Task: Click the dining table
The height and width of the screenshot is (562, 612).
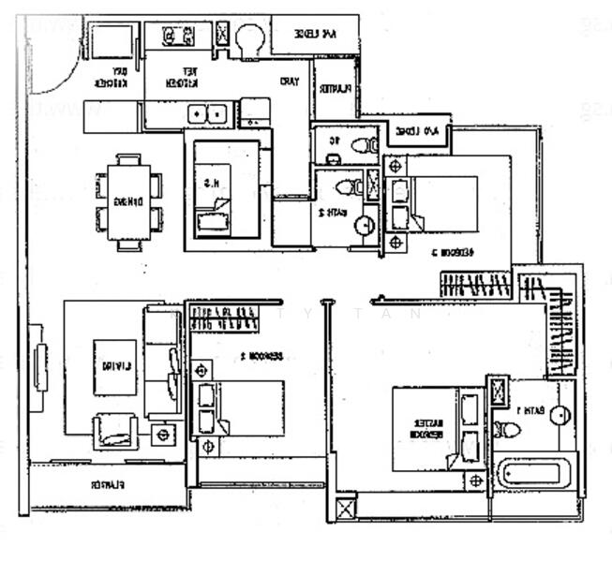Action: (x=128, y=201)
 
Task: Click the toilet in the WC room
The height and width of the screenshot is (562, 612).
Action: (x=359, y=146)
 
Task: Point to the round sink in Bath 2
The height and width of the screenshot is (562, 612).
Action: (x=365, y=225)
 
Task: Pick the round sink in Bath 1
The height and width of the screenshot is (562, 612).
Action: (x=560, y=416)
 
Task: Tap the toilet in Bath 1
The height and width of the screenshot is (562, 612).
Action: (x=507, y=430)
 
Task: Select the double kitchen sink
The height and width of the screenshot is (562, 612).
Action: (x=208, y=114)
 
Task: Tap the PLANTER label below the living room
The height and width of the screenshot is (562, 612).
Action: (x=108, y=484)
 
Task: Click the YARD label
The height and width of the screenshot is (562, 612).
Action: (x=289, y=81)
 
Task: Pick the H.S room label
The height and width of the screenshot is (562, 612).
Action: (x=215, y=185)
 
